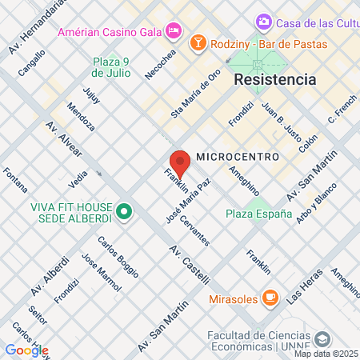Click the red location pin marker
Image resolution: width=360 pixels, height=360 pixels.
[180, 162]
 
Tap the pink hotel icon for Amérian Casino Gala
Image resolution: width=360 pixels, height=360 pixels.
[174, 31]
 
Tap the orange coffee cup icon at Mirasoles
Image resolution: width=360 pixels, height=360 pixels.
[270, 298]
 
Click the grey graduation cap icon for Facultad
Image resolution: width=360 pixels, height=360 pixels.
[322, 339]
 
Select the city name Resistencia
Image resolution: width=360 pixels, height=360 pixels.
[274, 80]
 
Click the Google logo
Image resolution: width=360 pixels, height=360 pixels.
[26, 350]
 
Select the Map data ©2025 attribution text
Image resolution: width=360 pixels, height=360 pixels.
[326, 354]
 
